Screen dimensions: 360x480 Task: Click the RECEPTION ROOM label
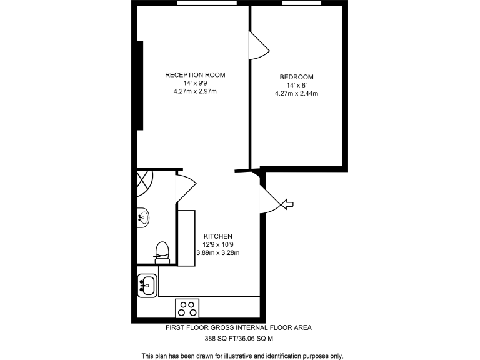pyautogui.click(x=195, y=75)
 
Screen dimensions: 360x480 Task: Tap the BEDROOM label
pyautogui.click(x=296, y=77)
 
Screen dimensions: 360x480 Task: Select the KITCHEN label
pyautogui.click(x=217, y=236)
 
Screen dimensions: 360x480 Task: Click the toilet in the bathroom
pyautogui.click(x=162, y=251)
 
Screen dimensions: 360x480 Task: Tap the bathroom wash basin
pyautogui.click(x=143, y=217)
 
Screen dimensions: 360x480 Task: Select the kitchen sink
pyautogui.click(x=147, y=285)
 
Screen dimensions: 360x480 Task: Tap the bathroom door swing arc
pyautogui.click(x=186, y=186)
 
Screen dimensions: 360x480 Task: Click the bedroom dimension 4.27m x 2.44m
pyautogui.click(x=296, y=94)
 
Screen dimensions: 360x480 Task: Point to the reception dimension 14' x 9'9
pyautogui.click(x=195, y=83)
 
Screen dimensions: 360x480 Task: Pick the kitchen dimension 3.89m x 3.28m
pyautogui.click(x=217, y=252)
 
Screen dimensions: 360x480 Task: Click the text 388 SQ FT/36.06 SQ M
pyautogui.click(x=239, y=338)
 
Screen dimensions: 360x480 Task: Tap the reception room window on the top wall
pyautogui.click(x=206, y=3)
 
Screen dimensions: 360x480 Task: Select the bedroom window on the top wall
pyautogui.click(x=301, y=3)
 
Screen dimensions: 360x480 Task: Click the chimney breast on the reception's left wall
pyautogui.click(x=141, y=85)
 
